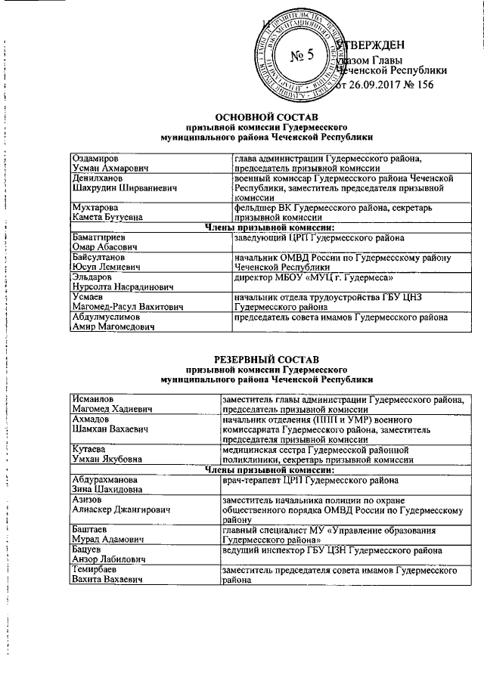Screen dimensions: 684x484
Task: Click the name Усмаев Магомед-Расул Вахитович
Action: coord(121,302)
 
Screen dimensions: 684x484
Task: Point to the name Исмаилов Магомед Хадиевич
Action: coord(110,403)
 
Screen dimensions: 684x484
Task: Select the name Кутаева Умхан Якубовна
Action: coord(106,453)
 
